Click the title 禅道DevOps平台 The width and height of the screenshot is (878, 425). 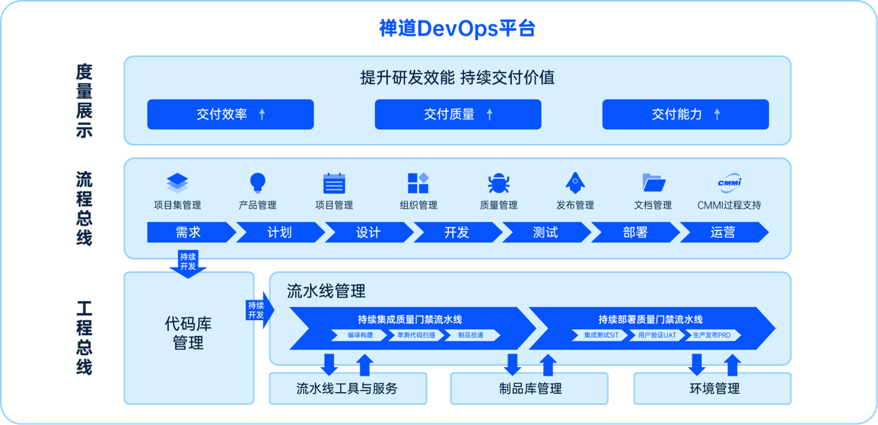(x=457, y=29)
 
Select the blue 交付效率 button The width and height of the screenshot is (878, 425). (x=231, y=114)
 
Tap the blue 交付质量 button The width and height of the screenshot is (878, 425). (x=458, y=114)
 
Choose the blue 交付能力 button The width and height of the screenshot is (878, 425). (x=686, y=114)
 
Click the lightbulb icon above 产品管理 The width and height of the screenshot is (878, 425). (x=258, y=182)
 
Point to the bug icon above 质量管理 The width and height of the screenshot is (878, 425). (x=498, y=182)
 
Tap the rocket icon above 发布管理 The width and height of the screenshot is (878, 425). (x=574, y=182)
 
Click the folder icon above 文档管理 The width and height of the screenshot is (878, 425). (x=654, y=182)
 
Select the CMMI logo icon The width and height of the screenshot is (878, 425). (x=729, y=182)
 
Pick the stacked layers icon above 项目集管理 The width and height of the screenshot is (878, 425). (x=177, y=182)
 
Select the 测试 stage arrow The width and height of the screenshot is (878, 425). (x=545, y=233)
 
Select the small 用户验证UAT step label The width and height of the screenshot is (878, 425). (x=656, y=335)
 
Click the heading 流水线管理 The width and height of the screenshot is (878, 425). (x=326, y=291)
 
